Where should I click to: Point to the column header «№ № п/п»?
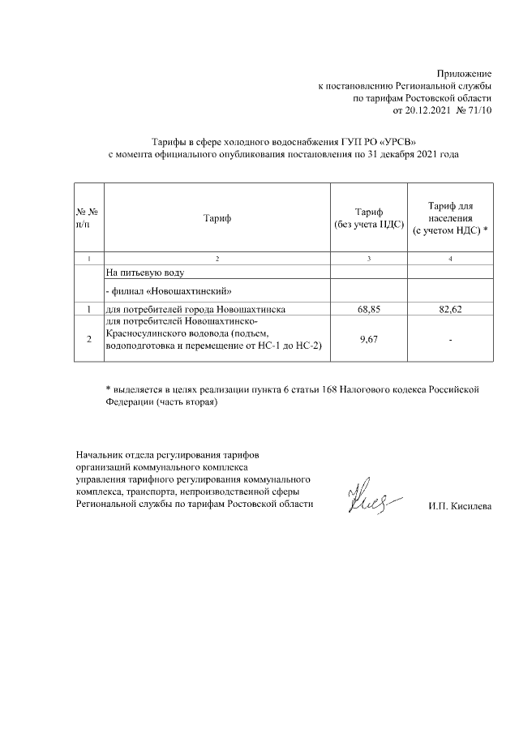click(87, 217)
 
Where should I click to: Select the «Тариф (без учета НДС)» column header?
click(368, 217)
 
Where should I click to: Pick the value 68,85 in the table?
click(368, 309)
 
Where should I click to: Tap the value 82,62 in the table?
click(450, 309)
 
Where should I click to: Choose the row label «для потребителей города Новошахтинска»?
click(195, 309)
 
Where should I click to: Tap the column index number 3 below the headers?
click(368, 258)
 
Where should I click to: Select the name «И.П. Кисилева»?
click(459, 507)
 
